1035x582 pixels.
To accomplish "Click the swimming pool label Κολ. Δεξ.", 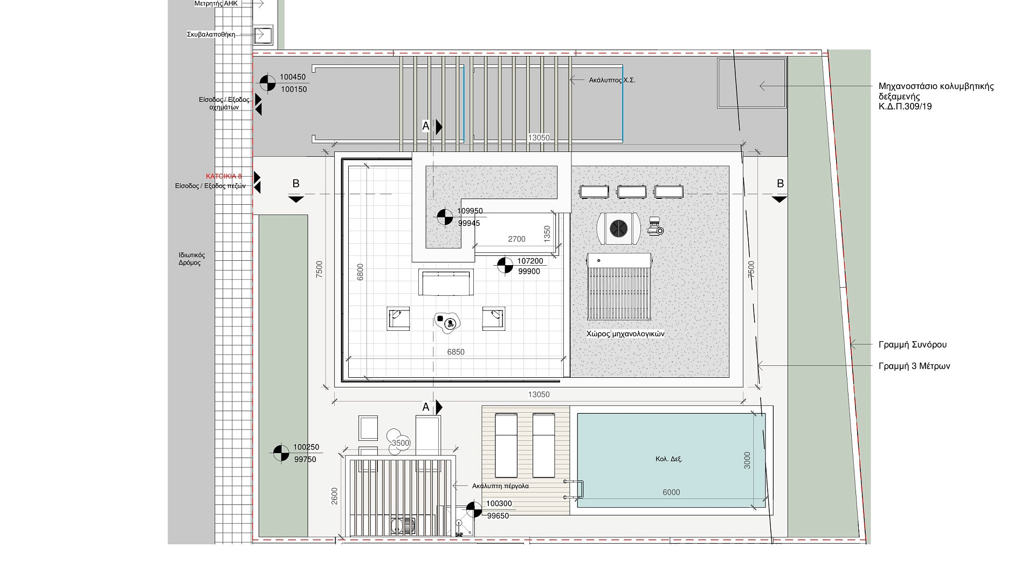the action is coord(669,459).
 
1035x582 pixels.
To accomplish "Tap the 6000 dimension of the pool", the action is coord(671,492).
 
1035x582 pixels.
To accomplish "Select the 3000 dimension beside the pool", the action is coord(747,460).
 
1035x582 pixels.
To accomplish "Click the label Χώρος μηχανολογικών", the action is coord(625,334).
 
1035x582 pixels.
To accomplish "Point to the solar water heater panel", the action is coord(619,288).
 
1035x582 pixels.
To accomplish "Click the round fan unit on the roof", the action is coord(618,228).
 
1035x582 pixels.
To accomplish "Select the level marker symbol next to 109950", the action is coord(445,217).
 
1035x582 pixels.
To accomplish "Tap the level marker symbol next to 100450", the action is coord(267,83).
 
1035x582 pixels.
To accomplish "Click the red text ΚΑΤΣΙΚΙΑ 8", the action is coord(224,176).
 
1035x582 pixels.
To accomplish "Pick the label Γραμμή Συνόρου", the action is coord(913,345).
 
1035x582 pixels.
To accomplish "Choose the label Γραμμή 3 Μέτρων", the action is coord(914,366).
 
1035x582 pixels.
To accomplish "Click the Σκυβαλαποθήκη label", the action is coord(211,34).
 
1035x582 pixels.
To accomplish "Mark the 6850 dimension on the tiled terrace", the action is coord(456,352).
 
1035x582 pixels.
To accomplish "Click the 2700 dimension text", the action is coord(516,239).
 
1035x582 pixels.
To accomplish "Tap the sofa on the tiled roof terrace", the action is coord(446,282).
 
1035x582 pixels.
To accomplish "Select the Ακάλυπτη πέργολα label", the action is coord(500,486).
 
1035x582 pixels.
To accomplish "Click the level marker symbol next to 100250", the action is coord(281,453).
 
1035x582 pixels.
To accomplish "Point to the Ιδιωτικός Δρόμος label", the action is coord(192,259).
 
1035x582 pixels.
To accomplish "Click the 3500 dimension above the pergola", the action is coord(401,443).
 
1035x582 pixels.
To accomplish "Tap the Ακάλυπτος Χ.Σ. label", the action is coord(612,80).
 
